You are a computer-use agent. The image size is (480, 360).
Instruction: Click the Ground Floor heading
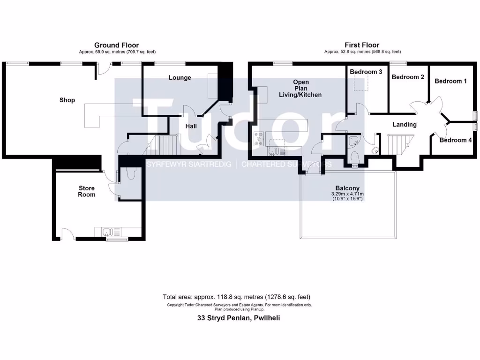click(116, 45)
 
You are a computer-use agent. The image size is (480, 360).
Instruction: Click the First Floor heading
click(362, 45)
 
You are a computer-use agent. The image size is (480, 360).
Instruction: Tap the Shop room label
click(67, 100)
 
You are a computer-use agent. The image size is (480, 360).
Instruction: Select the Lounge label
click(180, 77)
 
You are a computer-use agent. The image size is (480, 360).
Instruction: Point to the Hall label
click(191, 126)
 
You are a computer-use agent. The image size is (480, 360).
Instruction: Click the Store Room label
click(87, 191)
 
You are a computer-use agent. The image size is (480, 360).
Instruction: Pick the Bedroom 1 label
click(450, 81)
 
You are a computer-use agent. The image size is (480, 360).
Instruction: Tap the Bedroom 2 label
click(408, 77)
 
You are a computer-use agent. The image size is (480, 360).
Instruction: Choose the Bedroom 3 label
click(366, 72)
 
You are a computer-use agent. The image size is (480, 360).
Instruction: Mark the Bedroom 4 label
click(456, 140)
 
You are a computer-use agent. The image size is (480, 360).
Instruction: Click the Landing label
click(404, 125)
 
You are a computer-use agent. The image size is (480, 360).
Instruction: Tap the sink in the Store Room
click(107, 232)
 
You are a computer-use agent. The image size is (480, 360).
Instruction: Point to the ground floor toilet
click(130, 173)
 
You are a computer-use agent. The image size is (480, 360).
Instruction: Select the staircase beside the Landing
click(397, 143)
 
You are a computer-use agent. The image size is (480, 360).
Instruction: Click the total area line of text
click(236, 297)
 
